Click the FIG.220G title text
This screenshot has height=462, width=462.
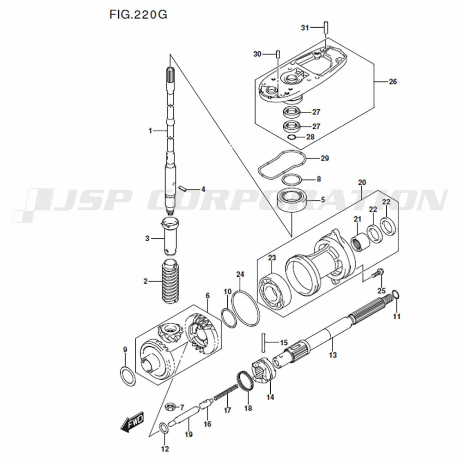click(138, 14)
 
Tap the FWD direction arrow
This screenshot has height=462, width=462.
click(132, 422)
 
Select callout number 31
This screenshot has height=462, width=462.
click(304, 28)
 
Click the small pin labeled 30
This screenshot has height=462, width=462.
click(278, 55)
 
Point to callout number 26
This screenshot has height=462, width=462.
click(393, 82)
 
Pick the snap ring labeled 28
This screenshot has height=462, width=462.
click(292, 137)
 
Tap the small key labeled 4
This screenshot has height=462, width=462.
click(183, 188)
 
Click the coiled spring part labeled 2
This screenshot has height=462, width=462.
click(170, 281)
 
